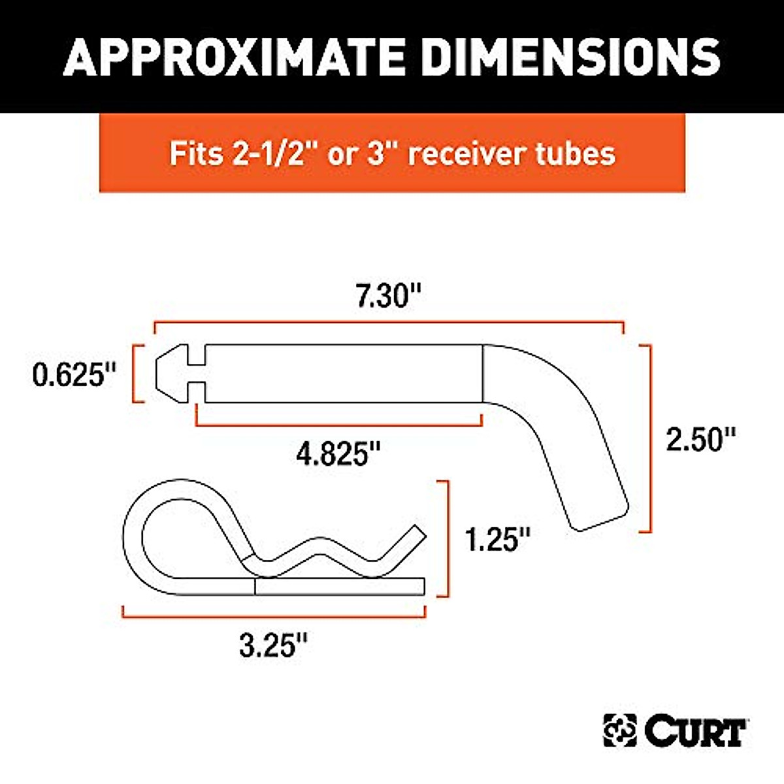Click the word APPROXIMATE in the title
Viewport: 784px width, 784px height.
click(237, 56)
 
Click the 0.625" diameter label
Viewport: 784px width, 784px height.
click(74, 375)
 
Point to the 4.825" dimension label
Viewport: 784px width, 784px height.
click(338, 453)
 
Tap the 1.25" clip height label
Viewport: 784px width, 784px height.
click(497, 539)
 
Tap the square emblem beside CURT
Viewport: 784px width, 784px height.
click(619, 730)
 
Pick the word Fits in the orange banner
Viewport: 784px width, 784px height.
click(193, 154)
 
